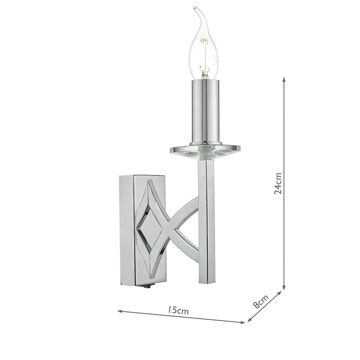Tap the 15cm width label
(x=179, y=310)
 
